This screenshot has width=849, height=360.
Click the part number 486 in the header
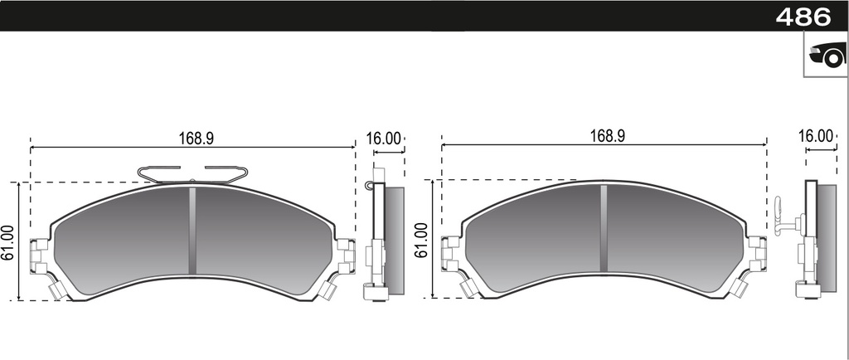803,16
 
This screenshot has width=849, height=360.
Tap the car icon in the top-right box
826,56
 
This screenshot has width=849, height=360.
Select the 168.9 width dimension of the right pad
607,136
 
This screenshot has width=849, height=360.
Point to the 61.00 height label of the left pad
8,242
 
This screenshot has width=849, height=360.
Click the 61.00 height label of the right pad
421,240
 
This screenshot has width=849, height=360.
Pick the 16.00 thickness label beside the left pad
384,139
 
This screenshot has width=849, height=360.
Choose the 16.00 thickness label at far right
815,136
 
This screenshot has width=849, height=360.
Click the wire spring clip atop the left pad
192,173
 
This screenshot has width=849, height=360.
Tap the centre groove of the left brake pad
192,230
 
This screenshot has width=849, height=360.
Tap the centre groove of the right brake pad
604,227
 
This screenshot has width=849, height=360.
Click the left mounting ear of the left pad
39,255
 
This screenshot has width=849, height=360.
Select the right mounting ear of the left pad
346,255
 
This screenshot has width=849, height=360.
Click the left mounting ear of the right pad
451,253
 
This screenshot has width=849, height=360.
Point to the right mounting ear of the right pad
757,252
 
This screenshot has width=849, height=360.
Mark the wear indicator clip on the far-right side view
781,217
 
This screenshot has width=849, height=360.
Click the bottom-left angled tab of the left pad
58,290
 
